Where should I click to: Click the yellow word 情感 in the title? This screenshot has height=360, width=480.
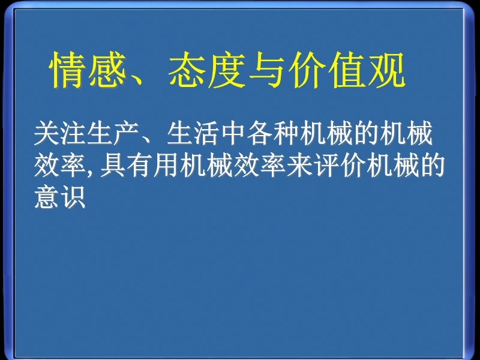(88, 70)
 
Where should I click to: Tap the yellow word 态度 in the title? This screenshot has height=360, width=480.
(206, 70)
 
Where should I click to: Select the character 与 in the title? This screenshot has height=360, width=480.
(266, 70)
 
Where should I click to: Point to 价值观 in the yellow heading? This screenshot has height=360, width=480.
(346, 70)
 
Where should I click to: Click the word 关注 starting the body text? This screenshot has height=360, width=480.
(59, 133)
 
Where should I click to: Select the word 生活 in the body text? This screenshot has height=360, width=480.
(193, 133)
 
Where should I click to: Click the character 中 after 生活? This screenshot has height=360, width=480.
(232, 133)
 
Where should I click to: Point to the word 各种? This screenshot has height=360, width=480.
(272, 133)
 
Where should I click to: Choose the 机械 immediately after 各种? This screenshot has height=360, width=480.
(326, 133)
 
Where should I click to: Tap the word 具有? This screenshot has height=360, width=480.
(125, 166)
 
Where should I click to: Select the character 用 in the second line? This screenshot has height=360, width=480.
(166, 166)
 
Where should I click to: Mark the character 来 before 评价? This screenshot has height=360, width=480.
(299, 166)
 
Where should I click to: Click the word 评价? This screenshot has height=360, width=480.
(339, 166)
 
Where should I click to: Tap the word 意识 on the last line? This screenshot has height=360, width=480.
(59, 197)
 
